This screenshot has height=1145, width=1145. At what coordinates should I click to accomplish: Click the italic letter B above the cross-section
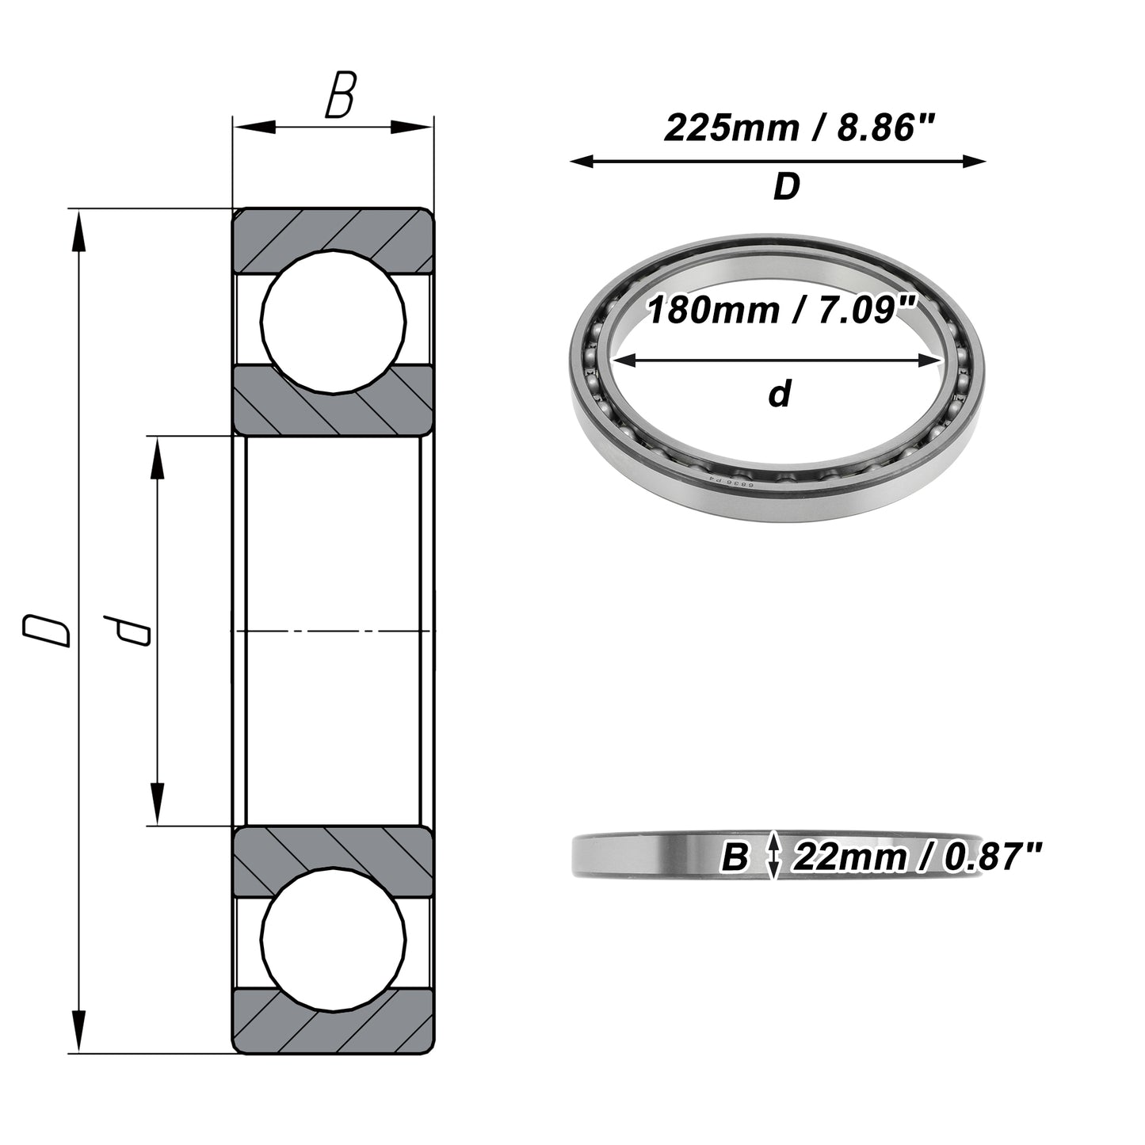(x=341, y=94)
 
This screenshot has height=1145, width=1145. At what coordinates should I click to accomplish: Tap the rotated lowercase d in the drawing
(x=127, y=631)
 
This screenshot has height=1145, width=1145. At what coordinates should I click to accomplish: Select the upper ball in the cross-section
(x=334, y=322)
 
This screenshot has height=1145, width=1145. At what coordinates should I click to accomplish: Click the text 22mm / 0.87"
(x=918, y=857)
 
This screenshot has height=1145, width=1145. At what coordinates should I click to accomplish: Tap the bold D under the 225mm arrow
(x=787, y=186)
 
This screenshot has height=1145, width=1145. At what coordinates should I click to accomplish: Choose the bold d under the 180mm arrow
(x=780, y=393)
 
